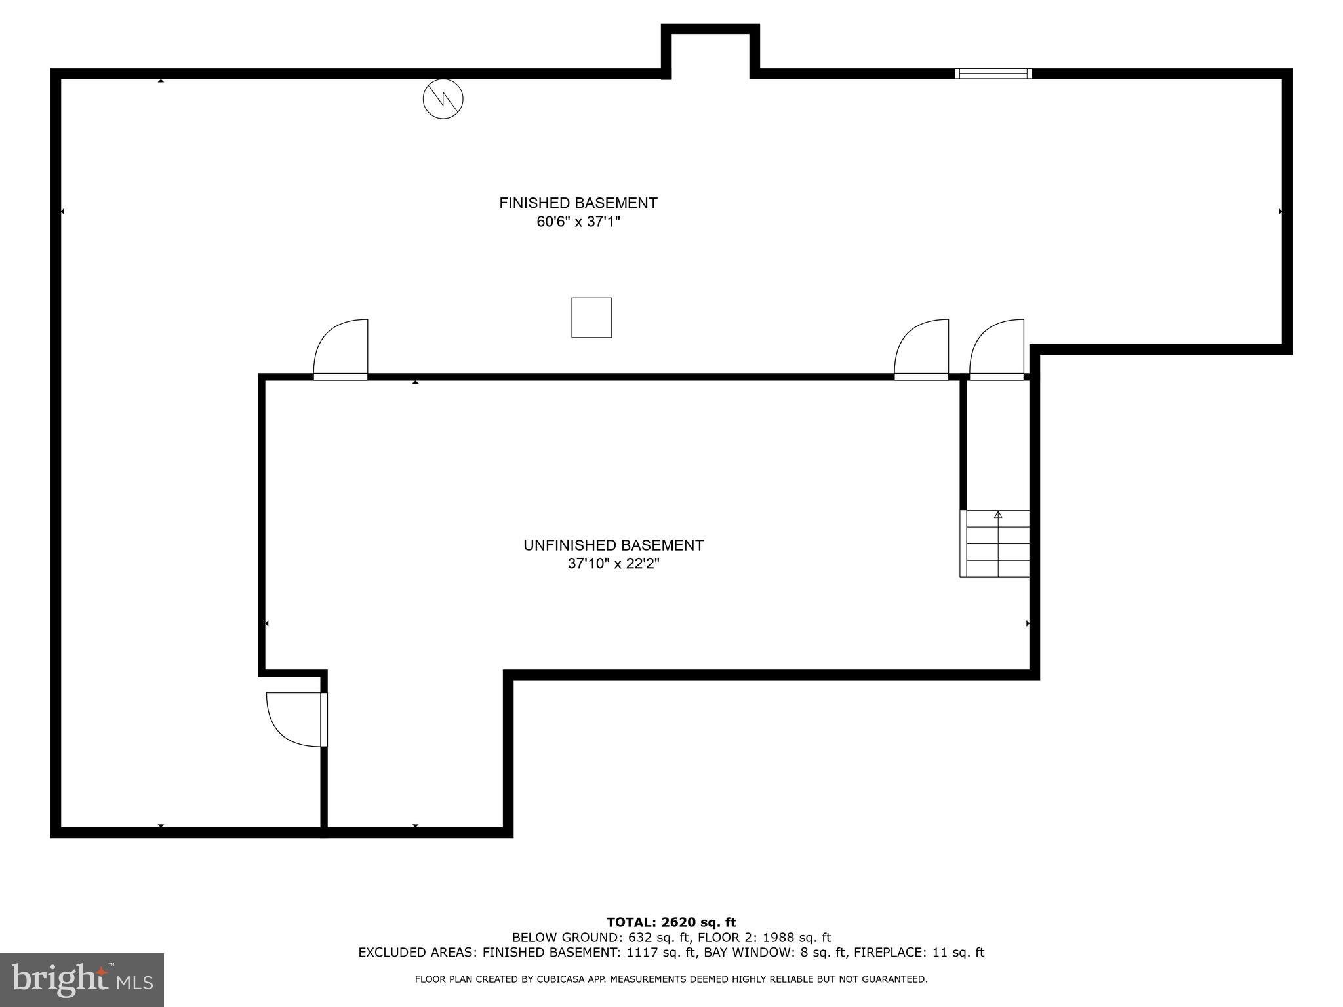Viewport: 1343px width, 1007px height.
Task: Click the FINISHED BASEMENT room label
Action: click(x=578, y=203)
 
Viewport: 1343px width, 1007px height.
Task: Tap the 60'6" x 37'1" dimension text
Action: click(x=578, y=222)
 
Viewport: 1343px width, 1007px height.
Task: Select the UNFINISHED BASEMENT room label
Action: click(x=613, y=545)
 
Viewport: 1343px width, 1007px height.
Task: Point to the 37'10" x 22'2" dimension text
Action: click(x=613, y=564)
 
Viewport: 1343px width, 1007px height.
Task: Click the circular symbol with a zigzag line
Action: click(x=443, y=99)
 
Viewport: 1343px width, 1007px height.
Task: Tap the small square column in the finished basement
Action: click(x=591, y=318)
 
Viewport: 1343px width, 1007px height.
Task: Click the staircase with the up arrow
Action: click(x=995, y=543)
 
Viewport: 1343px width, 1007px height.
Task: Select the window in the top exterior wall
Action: click(x=993, y=73)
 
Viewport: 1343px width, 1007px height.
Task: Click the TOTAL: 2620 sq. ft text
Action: click(x=671, y=923)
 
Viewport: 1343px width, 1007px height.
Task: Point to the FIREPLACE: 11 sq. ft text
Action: click(x=919, y=953)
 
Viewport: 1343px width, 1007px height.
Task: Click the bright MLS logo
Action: click(x=82, y=979)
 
